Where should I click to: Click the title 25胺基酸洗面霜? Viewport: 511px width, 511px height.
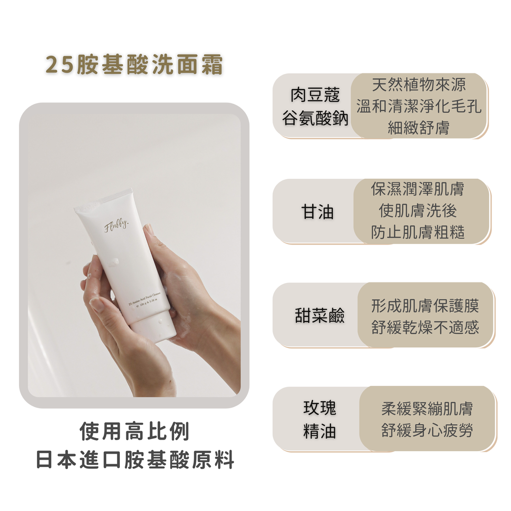[134, 65]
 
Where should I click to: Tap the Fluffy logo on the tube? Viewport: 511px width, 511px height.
[116, 227]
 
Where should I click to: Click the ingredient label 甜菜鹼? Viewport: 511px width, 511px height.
[319, 316]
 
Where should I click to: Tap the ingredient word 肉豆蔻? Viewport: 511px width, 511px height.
[315, 95]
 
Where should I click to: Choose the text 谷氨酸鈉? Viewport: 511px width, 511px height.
[315, 119]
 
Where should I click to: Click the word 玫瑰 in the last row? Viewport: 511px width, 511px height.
[319, 408]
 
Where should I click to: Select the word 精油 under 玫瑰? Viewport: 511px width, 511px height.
[319, 432]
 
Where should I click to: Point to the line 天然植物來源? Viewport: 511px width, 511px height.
[419, 85]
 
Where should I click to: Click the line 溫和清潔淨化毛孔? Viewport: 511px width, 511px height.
[419, 106]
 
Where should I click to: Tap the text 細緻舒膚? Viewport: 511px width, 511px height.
[419, 128]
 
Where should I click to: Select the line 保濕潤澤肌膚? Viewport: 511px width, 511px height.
[418, 189]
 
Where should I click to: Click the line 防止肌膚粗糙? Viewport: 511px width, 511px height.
[418, 233]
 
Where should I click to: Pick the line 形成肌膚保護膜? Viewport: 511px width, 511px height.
[425, 305]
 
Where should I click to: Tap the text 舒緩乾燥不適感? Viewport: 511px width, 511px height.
[425, 327]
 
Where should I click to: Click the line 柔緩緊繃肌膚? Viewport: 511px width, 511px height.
[427, 409]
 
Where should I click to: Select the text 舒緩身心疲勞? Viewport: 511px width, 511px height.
[427, 431]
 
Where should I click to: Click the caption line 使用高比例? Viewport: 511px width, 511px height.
[135, 432]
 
